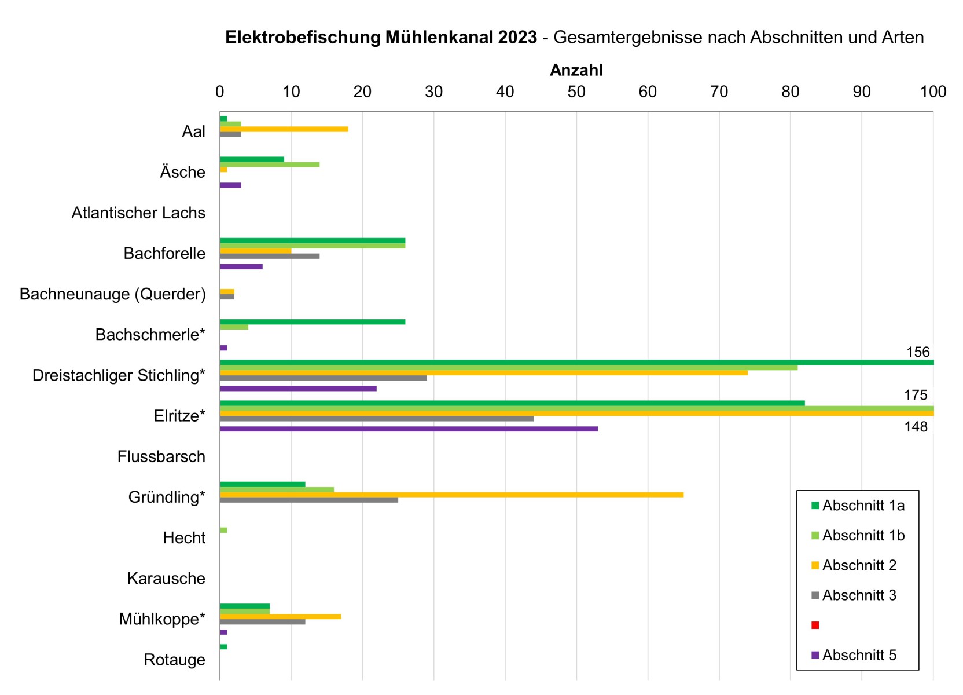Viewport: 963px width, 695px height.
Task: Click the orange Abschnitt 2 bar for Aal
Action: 284,129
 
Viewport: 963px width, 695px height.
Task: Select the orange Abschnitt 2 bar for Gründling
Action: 451,495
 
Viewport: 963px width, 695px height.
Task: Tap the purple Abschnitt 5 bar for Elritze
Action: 409,429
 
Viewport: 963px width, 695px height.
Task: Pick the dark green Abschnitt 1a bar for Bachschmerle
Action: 313,322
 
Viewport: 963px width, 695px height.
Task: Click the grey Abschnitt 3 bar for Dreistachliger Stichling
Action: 323,378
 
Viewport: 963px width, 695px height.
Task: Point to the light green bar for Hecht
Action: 223,531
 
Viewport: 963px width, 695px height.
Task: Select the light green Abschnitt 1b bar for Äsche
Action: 270,164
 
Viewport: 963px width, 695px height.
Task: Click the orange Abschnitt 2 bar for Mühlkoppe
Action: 280,617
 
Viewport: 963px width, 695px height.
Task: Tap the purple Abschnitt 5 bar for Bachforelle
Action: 241,266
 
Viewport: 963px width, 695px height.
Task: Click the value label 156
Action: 917,352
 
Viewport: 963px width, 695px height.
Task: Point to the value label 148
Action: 916,427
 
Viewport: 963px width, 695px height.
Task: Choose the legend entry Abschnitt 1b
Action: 863,536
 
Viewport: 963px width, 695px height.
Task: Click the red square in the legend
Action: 815,625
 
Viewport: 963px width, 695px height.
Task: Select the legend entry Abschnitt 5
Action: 859,655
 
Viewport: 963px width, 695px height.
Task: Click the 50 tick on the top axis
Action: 576,92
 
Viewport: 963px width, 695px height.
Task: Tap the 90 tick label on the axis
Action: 862,92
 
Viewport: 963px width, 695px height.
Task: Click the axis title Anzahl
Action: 576,70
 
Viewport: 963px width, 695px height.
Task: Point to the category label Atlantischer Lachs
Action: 138,213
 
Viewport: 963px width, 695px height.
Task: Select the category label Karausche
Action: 166,579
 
